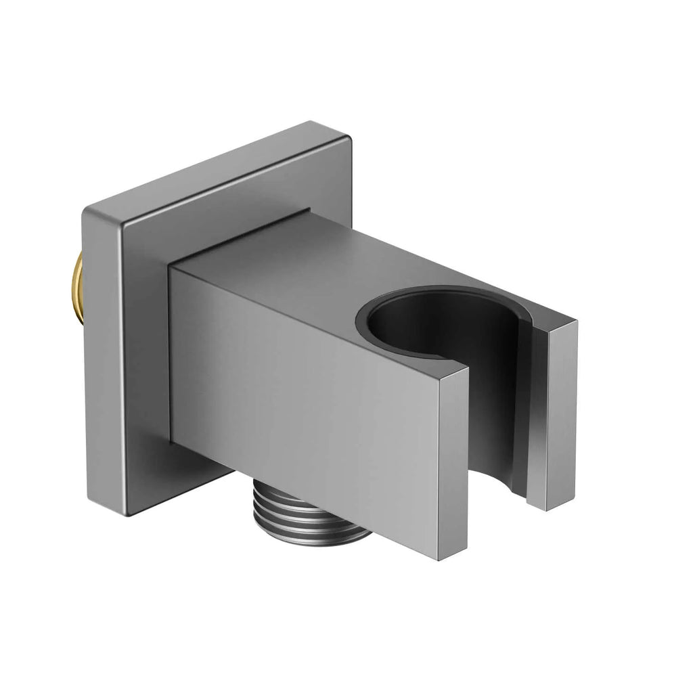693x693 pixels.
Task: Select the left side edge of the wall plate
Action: coord(95,359)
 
